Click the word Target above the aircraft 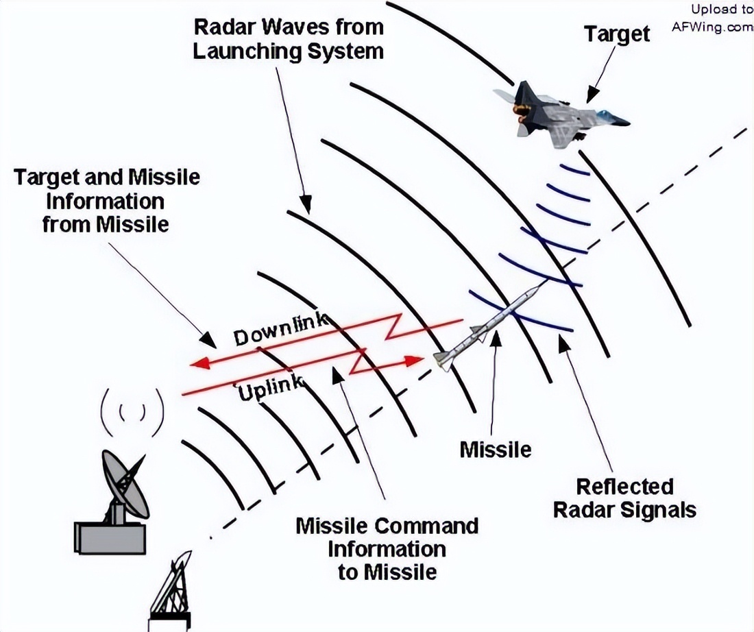coord(617,35)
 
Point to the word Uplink coord(271,388)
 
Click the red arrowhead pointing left coord(201,363)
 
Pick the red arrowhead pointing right coord(413,361)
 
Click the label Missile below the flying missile coord(496,450)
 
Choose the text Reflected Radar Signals coord(624,498)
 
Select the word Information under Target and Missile coord(106,201)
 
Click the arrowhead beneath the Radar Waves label coord(305,204)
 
